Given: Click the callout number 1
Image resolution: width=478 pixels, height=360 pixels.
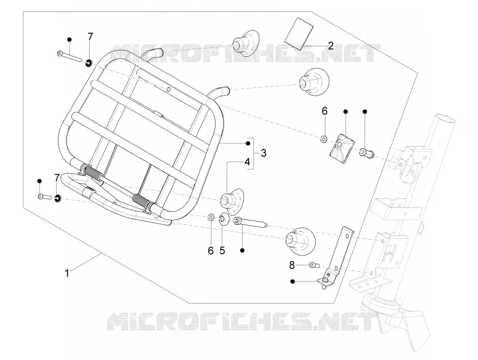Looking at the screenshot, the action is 67,273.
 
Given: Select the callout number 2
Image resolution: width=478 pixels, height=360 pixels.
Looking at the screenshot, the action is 331,46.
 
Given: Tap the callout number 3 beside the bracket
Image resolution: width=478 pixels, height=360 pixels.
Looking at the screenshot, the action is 263,153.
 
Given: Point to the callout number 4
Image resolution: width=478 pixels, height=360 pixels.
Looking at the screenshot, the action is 247,161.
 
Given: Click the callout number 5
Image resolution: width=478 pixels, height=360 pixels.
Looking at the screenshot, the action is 222,251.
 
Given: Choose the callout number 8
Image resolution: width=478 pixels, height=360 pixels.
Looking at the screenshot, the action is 292,266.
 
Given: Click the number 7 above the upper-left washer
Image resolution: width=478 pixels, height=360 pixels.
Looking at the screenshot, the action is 90,37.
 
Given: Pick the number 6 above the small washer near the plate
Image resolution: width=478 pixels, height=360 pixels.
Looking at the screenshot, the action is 324,111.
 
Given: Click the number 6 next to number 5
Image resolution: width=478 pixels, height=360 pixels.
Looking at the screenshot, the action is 211,251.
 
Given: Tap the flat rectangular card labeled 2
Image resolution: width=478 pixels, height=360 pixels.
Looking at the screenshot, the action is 299,33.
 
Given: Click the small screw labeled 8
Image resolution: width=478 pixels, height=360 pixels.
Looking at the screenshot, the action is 314,265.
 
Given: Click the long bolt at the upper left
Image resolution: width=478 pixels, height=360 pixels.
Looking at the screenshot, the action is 69,56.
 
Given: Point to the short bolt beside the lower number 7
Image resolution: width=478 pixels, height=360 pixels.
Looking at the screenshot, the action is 44,197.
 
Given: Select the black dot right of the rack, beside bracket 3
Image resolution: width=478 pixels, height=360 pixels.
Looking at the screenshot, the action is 248,144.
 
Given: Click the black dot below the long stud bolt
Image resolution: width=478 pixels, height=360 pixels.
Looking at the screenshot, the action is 243,250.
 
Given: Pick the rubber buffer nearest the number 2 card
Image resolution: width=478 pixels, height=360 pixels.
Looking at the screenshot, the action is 246,43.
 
